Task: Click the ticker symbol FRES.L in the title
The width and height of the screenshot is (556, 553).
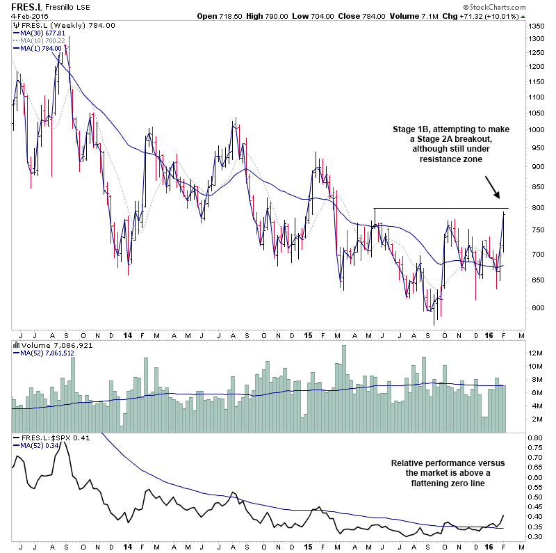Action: coord(22,8)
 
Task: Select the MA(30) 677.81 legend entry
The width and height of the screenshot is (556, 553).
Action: coord(43,33)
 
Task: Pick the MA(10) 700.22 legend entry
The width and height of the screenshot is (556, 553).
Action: coord(43,40)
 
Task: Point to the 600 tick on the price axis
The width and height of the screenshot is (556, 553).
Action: coord(533,307)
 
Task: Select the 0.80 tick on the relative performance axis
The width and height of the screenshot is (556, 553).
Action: coord(534,438)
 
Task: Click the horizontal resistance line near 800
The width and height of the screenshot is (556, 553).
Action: coord(445,208)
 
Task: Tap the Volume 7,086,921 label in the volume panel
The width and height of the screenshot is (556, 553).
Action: coord(47,345)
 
